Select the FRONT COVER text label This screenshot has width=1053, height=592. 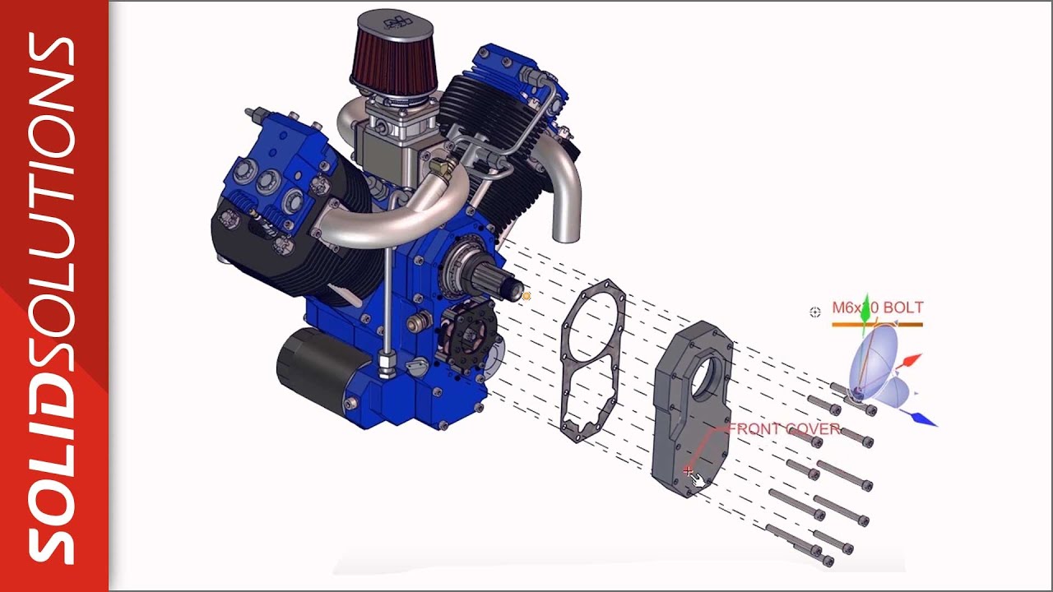click(x=784, y=429)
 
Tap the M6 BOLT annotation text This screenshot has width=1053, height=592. click(x=877, y=308)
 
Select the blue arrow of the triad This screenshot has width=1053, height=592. click(x=923, y=419)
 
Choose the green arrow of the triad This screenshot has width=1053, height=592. click(x=863, y=313)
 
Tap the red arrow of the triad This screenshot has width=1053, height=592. click(x=911, y=360)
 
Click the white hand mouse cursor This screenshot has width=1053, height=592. click(x=699, y=479)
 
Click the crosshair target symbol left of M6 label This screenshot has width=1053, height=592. click(x=815, y=312)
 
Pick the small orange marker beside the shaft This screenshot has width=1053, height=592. click(x=526, y=296)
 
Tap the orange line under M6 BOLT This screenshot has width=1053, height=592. click(x=877, y=325)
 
